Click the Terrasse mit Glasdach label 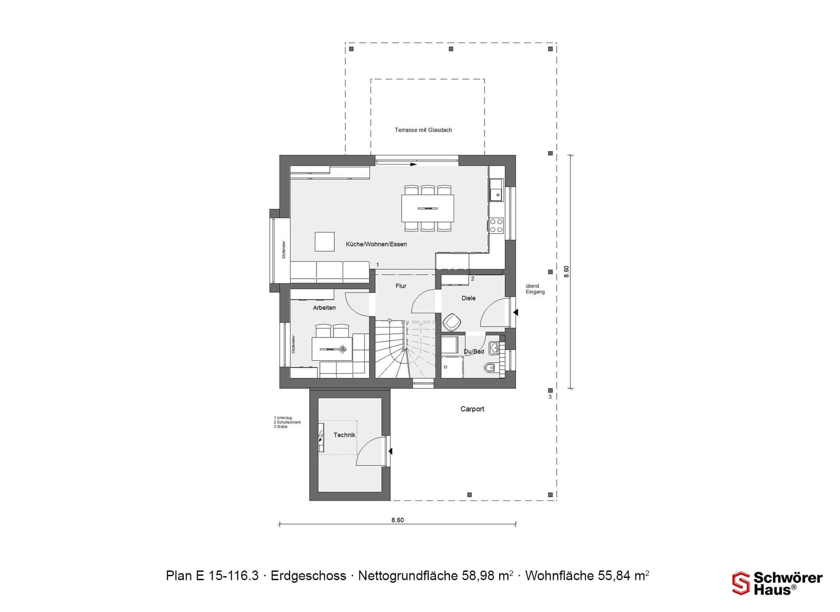pyautogui.click(x=423, y=130)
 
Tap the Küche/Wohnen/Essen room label pyautogui.click(x=376, y=244)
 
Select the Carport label pyautogui.click(x=472, y=409)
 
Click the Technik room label pyautogui.click(x=344, y=435)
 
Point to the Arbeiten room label pyautogui.click(x=324, y=307)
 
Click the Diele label pyautogui.click(x=468, y=298)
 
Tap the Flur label pyautogui.click(x=400, y=286)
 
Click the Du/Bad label pyautogui.click(x=474, y=351)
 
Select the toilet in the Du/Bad pyautogui.click(x=490, y=367)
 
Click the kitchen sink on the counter pyautogui.click(x=496, y=190)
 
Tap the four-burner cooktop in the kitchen pyautogui.click(x=496, y=225)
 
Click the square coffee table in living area pyautogui.click(x=324, y=242)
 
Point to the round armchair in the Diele pyautogui.click(x=452, y=323)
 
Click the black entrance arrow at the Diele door pyautogui.click(x=515, y=312)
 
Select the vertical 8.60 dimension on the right pyautogui.click(x=566, y=271)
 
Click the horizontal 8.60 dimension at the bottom pyautogui.click(x=398, y=520)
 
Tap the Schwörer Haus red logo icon pyautogui.click(x=740, y=583)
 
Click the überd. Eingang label pyautogui.click(x=535, y=289)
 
